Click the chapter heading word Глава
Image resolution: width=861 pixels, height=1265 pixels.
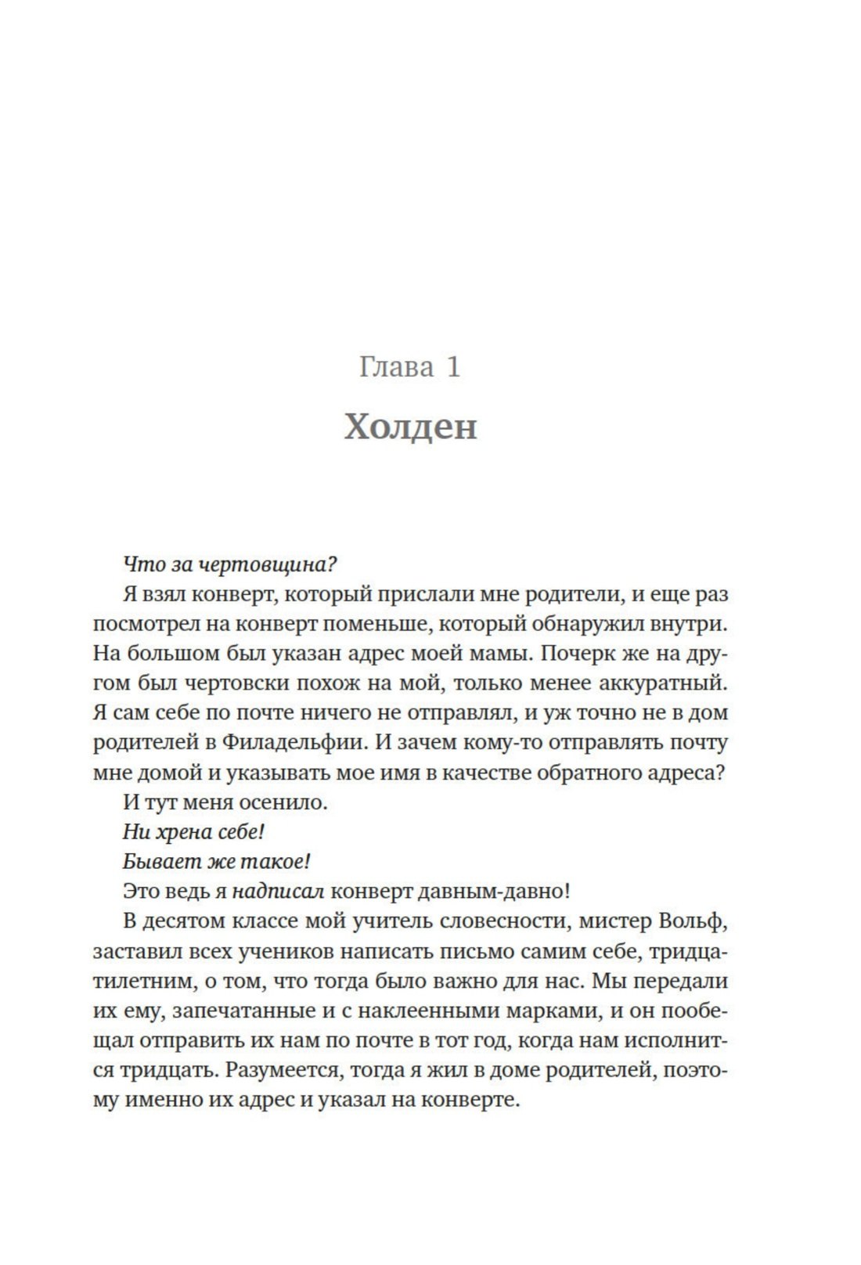click(396, 366)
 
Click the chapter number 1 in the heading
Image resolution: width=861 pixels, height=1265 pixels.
click(453, 366)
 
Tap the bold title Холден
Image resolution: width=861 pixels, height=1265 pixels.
click(410, 427)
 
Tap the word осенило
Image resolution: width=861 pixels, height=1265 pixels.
click(287, 802)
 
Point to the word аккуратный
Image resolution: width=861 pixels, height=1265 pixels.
click(663, 683)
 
